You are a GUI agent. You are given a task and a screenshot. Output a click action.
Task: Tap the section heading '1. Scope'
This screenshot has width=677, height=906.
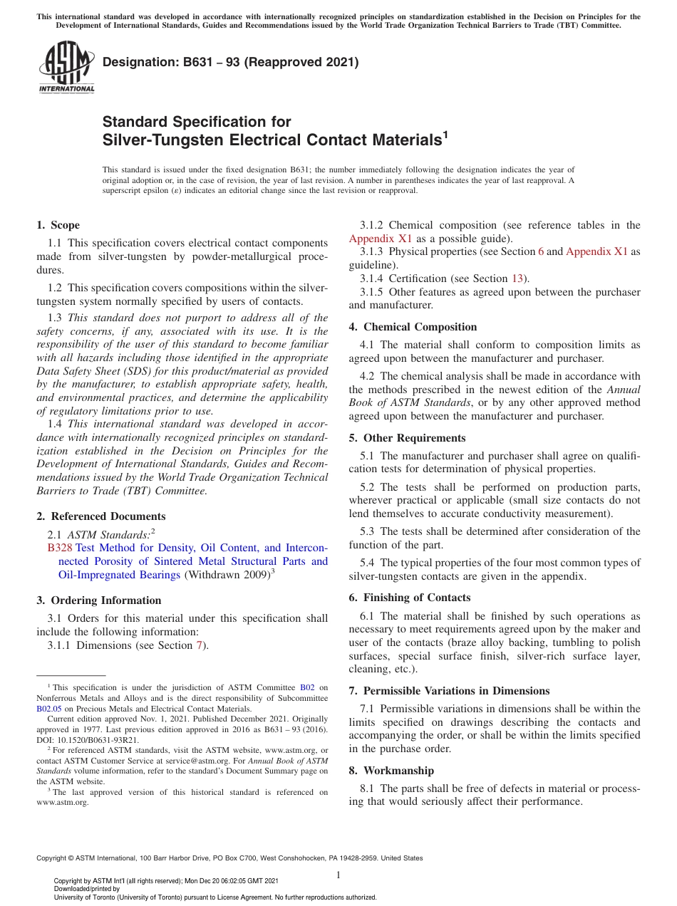(x=58, y=225)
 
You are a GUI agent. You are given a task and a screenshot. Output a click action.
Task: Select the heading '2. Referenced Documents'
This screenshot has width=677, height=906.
(x=100, y=516)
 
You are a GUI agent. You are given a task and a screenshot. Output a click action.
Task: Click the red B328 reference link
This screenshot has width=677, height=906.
(x=59, y=548)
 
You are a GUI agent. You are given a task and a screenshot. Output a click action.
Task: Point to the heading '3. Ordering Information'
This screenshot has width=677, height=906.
(x=99, y=600)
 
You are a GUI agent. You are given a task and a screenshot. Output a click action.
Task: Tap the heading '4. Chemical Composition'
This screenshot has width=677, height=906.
(x=413, y=327)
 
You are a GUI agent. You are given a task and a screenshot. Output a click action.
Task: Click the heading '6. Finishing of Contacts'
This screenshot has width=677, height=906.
(x=410, y=598)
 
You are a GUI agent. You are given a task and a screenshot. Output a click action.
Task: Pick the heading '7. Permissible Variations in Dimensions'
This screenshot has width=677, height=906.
(x=449, y=691)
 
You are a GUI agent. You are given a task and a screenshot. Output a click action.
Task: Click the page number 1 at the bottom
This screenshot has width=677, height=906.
(x=338, y=875)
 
